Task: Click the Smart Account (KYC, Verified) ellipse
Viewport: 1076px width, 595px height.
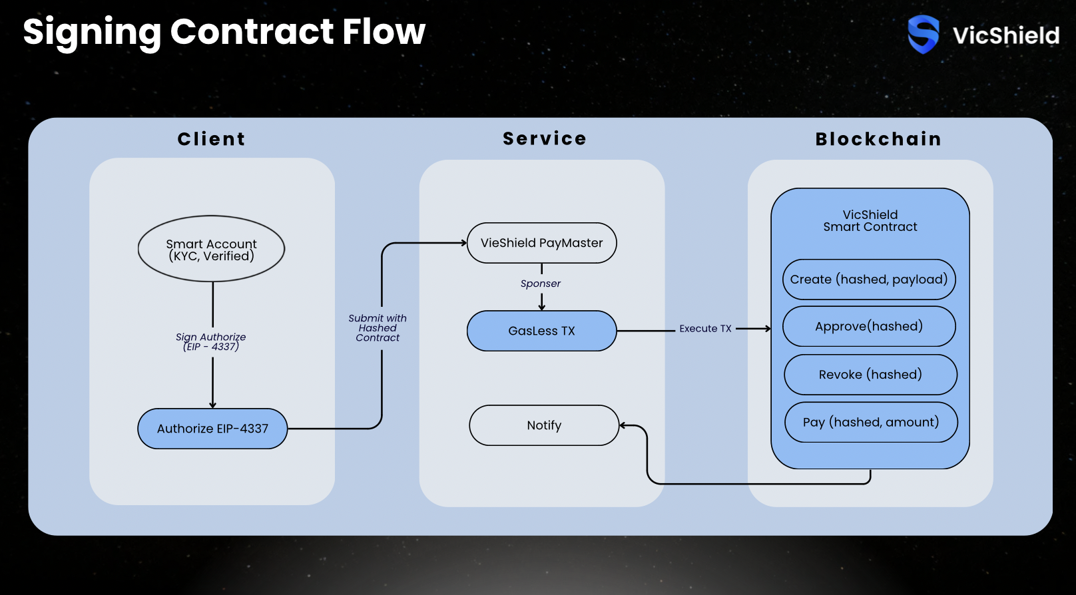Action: pos(211,249)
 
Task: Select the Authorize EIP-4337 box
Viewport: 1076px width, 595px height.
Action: pos(212,429)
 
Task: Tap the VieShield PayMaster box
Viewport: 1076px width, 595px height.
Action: pos(541,243)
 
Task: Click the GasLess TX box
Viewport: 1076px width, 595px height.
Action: pos(541,331)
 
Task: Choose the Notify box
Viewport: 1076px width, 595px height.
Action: pos(544,425)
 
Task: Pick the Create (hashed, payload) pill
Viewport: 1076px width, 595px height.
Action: pos(869,280)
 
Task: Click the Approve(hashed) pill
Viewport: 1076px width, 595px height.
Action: pos(869,326)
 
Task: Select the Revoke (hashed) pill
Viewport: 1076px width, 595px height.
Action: pos(870,375)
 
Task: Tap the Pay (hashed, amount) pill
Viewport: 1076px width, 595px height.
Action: pos(871,422)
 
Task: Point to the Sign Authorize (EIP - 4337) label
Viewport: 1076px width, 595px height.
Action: pos(211,341)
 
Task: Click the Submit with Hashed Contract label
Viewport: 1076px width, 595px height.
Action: pos(378,328)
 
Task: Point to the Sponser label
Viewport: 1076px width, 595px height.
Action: pos(541,284)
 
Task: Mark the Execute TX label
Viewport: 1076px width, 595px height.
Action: pos(705,329)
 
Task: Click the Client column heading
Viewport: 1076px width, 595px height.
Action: pos(211,139)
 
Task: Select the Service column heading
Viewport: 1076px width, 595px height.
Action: pos(544,138)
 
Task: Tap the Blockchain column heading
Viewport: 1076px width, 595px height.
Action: pos(878,139)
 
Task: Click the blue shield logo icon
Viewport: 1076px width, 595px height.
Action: pos(924,34)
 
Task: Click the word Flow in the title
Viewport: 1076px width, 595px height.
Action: pos(384,31)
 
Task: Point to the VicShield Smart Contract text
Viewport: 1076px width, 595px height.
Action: pos(870,221)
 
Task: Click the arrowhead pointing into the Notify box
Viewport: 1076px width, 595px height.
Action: pos(623,425)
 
